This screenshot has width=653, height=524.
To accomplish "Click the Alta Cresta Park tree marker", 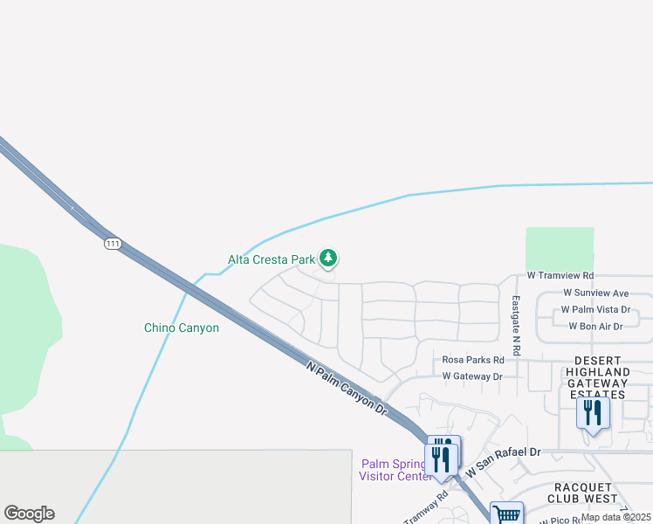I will (328, 258).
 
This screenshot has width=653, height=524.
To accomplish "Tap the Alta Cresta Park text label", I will (271, 259).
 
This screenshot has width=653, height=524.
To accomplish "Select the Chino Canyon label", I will (181, 328).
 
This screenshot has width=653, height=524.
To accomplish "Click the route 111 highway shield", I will (112, 244).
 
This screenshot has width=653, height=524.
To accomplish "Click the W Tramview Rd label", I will (560, 275).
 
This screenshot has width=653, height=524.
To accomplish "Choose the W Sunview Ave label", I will (595, 293).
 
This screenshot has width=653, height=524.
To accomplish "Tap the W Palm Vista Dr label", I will (595, 309).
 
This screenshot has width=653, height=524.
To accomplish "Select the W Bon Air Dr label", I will (595, 326).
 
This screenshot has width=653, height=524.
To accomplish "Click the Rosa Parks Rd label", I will (473, 360).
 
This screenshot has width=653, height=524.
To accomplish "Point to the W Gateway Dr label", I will (472, 376).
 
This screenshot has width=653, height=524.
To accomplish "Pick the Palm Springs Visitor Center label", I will (395, 469).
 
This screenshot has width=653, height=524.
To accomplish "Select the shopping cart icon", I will (505, 514).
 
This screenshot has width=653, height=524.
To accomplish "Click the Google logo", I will (29, 514).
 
